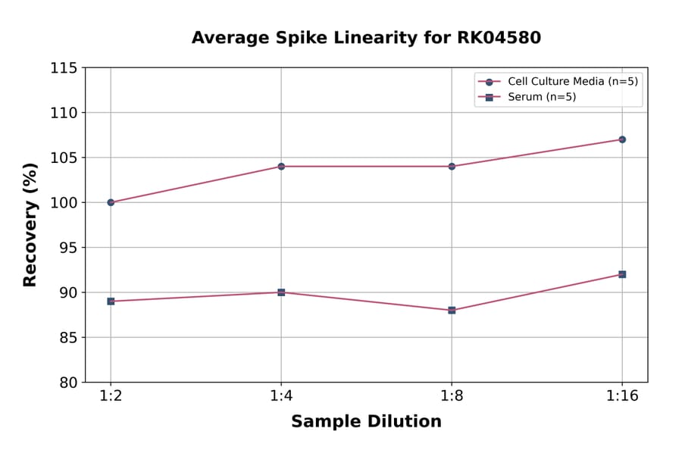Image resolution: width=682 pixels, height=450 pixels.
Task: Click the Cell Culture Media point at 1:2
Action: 111,202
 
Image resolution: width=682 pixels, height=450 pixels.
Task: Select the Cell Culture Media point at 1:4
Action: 281,166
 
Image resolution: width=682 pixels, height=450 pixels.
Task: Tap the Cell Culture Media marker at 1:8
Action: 452,166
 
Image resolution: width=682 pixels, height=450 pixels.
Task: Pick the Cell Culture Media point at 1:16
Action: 622,139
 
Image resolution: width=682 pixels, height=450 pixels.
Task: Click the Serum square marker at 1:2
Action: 111,301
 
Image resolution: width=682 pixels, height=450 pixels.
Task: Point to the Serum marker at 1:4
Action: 281,292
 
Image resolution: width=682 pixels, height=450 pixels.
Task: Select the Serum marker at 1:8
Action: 452,310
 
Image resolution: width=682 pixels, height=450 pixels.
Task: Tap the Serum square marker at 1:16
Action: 622,274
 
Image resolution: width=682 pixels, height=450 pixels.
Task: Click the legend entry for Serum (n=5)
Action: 537,97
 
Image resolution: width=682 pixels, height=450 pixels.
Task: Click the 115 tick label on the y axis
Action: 64,68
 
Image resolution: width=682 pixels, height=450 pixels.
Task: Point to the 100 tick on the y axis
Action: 64,203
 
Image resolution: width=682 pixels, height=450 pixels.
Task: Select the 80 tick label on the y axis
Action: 68,383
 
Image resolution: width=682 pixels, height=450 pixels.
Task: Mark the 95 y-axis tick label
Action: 68,248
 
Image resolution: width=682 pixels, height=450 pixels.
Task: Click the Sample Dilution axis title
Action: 366,422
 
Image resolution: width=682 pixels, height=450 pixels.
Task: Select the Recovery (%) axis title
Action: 30,224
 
